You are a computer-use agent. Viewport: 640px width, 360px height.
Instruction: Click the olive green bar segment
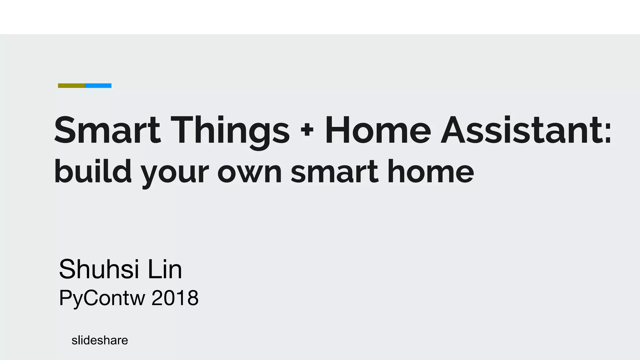[x=72, y=86]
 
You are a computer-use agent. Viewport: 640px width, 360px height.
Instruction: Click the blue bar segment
[x=98, y=86]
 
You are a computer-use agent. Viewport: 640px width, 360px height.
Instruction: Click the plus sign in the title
[x=307, y=131]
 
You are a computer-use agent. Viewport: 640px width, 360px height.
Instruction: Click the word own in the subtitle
[x=250, y=174]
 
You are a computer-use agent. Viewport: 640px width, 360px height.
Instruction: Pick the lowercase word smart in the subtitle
[x=335, y=172]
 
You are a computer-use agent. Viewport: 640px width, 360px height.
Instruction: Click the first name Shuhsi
[x=99, y=269]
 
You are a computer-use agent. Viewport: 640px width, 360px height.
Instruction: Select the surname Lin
[x=165, y=269]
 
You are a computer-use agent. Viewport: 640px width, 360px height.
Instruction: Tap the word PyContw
[x=102, y=298]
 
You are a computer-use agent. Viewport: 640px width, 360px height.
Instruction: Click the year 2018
[x=175, y=298]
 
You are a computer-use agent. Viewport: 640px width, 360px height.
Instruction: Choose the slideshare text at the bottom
[x=100, y=340]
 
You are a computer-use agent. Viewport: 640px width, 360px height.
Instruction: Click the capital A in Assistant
[x=455, y=131]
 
